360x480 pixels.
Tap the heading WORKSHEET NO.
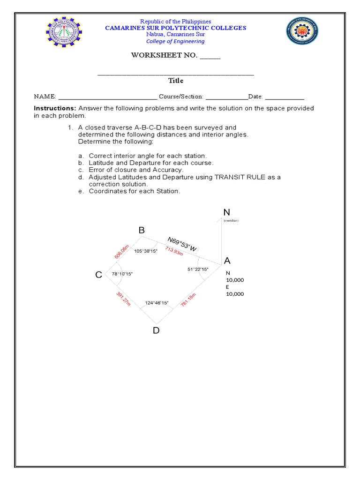164,56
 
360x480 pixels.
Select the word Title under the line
176,81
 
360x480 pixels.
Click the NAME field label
45,97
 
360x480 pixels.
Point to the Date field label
255,97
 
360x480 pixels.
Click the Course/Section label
181,97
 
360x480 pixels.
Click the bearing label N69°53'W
182,244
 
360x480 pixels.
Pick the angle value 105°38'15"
146,251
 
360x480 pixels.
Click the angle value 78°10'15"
122,274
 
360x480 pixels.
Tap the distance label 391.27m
123,300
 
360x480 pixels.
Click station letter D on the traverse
156,330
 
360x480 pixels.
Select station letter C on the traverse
98,275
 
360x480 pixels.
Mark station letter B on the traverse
142,230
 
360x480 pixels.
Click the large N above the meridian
227,213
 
